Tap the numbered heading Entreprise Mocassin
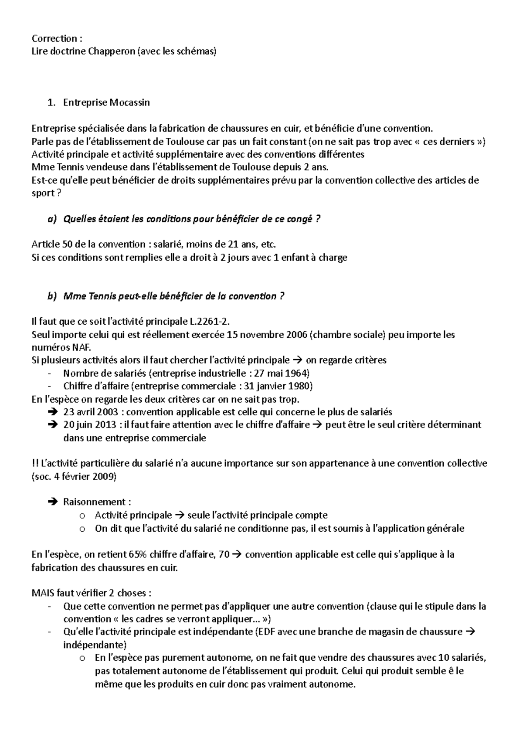click(x=106, y=103)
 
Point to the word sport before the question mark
click(x=42, y=193)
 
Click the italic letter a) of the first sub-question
click(x=52, y=219)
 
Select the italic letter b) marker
click(x=52, y=296)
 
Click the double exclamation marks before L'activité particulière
click(x=34, y=463)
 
